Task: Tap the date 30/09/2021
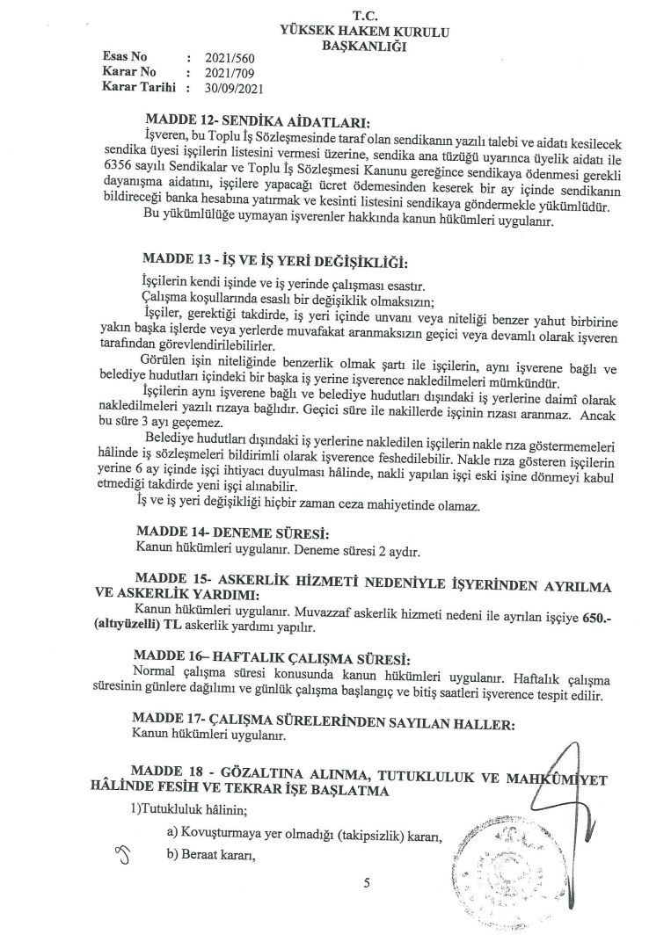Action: click(230, 88)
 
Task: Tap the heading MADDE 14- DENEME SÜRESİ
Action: click(233, 533)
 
